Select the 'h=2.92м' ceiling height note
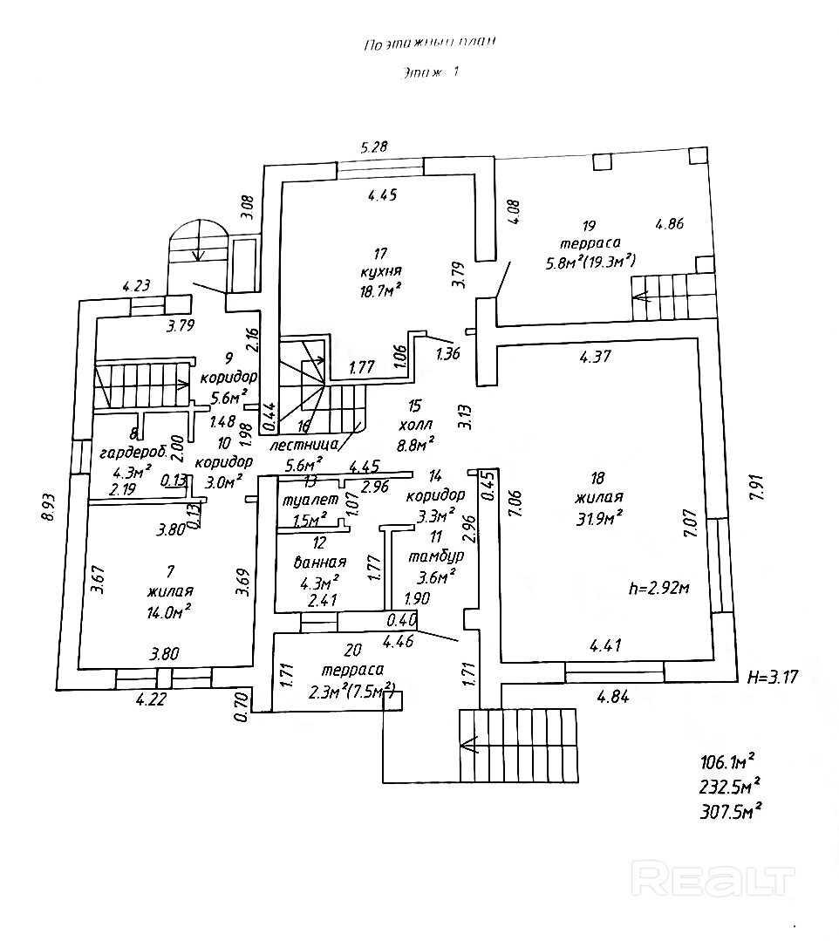pyautogui.click(x=658, y=587)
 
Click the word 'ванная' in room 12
pyautogui.click(x=322, y=562)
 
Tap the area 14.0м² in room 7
pyautogui.click(x=169, y=610)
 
